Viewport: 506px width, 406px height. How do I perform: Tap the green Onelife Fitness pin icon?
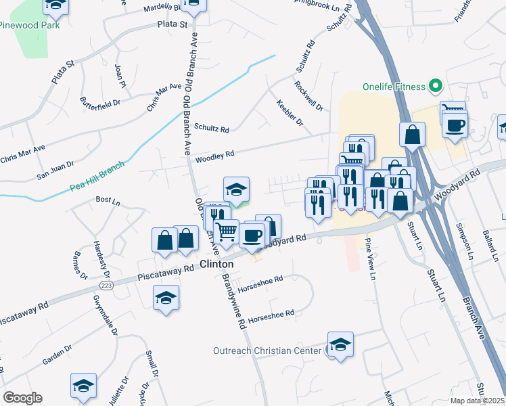[x=436, y=87]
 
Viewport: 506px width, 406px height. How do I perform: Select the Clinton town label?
[x=216, y=263]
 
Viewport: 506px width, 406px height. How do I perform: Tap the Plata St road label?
[x=172, y=24]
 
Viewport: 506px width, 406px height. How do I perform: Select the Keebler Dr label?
[x=290, y=112]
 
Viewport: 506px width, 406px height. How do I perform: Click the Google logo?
[x=22, y=397]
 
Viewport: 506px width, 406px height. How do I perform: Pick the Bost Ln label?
[x=108, y=200]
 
